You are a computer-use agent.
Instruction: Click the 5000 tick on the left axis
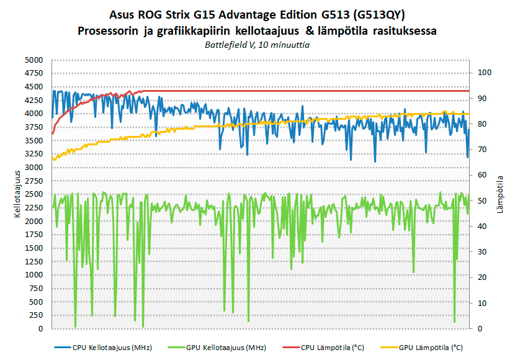click(34, 60)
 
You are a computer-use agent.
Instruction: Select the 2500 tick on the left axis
click(34, 194)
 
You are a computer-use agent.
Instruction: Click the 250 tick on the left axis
click(37, 315)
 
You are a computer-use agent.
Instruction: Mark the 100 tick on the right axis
click(483, 73)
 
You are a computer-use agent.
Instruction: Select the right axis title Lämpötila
click(500, 194)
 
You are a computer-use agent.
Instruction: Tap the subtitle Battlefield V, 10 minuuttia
click(257, 45)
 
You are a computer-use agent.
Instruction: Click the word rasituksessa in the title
click(403, 30)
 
